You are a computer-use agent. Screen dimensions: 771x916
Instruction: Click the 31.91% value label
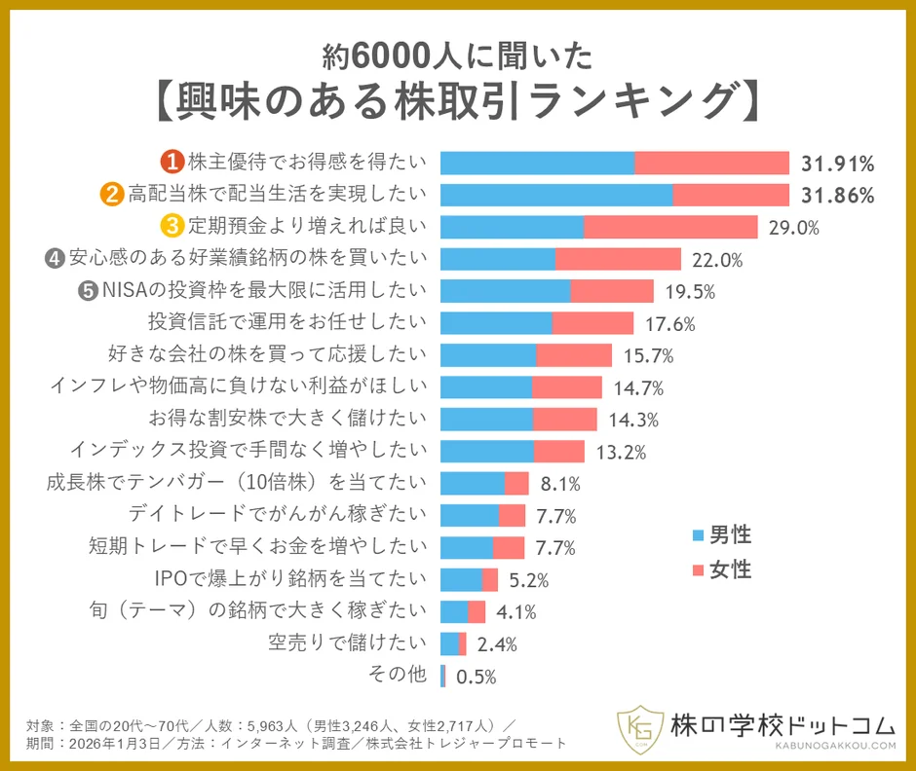(x=837, y=163)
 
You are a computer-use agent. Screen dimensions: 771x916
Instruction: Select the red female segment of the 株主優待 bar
(x=711, y=163)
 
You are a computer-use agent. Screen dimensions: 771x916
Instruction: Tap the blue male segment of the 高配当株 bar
(x=555, y=195)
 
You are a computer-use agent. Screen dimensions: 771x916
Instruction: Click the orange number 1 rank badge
(x=172, y=162)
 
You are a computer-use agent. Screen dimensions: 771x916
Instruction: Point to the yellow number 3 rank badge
(x=172, y=227)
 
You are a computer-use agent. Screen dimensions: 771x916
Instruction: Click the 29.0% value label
(x=793, y=228)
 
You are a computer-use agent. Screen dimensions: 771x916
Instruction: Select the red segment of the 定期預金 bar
(x=670, y=227)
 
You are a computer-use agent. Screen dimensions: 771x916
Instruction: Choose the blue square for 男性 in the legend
(x=697, y=534)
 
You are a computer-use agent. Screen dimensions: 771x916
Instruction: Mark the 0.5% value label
(x=477, y=677)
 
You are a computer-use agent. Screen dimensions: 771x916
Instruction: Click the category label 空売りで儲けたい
(x=348, y=642)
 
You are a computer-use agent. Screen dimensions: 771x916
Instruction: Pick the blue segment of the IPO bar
(x=461, y=580)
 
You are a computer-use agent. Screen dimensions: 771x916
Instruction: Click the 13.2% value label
(x=621, y=452)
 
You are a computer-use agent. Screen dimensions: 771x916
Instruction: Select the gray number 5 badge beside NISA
(x=89, y=290)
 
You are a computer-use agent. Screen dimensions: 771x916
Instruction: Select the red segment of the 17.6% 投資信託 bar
(x=592, y=322)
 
